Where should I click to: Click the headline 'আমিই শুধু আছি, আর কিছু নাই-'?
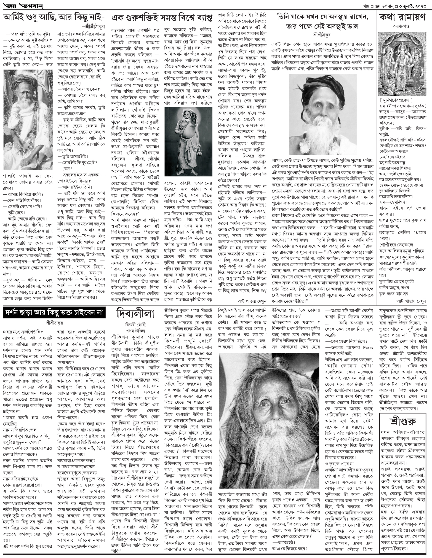54,18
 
